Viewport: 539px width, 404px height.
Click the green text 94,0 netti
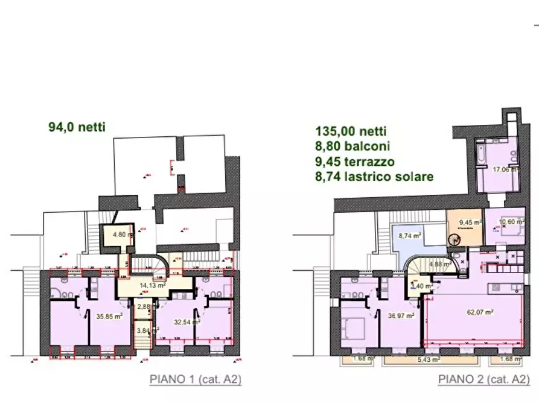coord(77,127)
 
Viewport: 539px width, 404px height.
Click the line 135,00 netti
coord(351,131)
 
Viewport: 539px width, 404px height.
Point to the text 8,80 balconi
coord(352,146)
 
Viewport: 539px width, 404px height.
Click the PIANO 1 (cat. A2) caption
coord(195,380)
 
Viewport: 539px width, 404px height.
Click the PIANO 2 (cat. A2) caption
coord(485,380)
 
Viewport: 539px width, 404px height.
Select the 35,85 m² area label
coord(109,314)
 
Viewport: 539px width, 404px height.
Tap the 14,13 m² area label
coord(154,286)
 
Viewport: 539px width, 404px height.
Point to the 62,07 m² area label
coord(481,312)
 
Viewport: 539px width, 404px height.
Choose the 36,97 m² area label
coord(401,315)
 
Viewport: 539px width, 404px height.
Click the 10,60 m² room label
coord(510,221)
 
